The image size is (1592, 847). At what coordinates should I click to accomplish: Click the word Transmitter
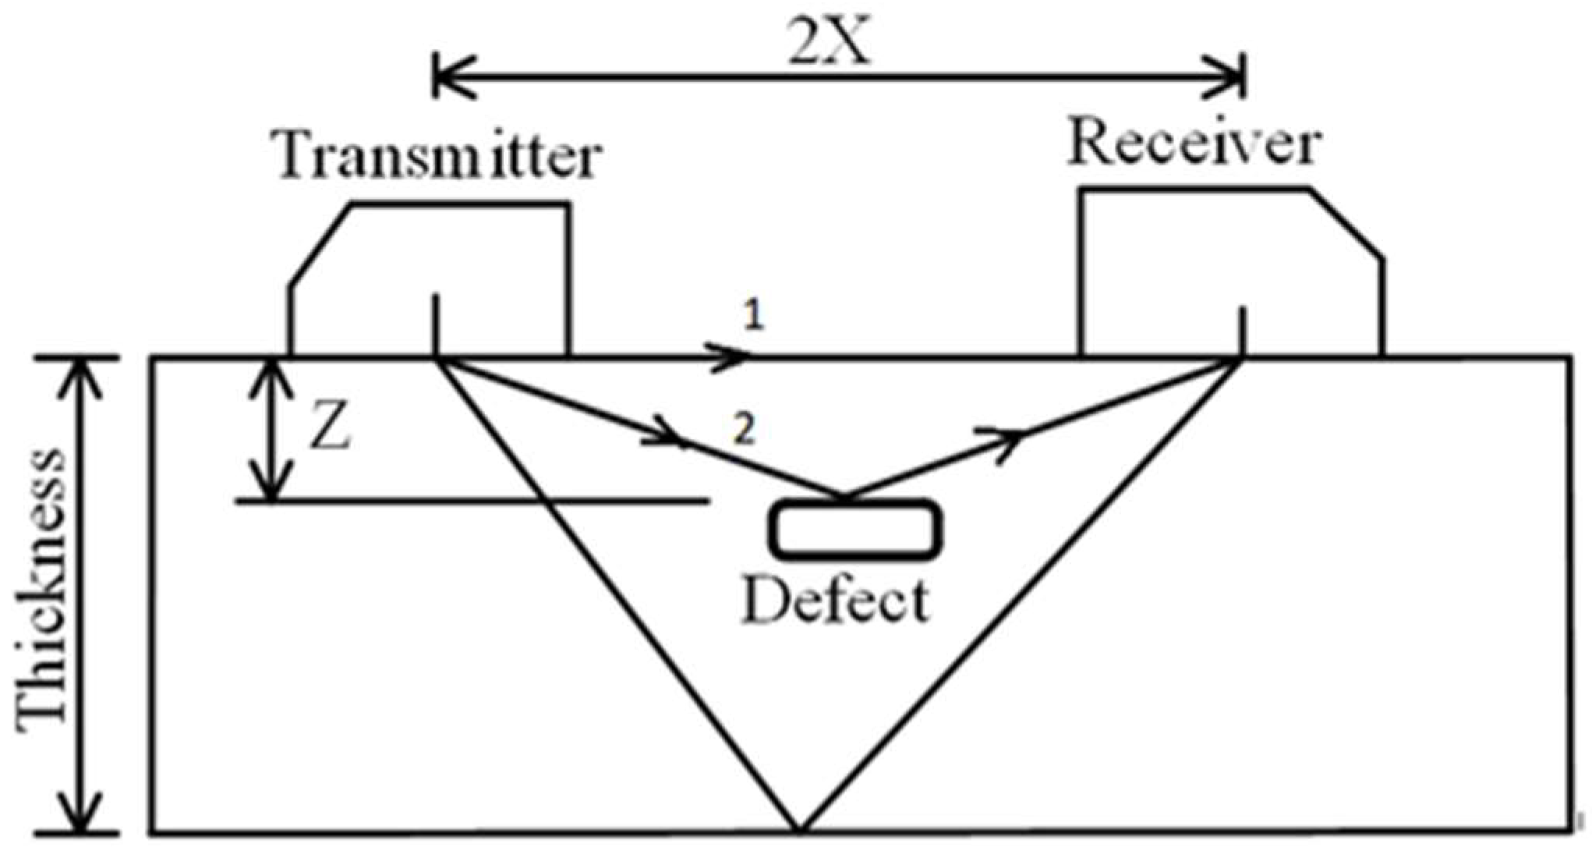(439, 156)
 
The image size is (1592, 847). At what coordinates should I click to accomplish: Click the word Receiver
(1193, 144)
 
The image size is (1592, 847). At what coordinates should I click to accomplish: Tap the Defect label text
(836, 601)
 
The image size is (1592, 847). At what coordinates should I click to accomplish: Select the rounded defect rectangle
(856, 530)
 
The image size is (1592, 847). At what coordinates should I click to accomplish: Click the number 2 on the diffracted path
(745, 430)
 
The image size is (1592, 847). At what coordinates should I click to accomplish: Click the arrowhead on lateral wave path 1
(733, 357)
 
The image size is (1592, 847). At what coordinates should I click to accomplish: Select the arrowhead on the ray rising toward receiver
(1006, 441)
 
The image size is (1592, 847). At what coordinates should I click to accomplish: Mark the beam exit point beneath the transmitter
(436, 358)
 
